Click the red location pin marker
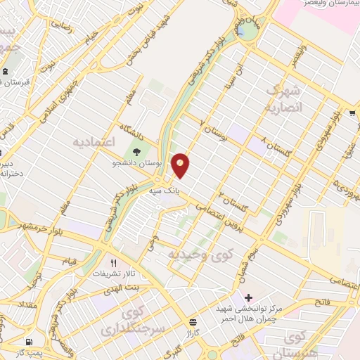pos(181,165)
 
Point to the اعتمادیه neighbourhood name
pos(94,142)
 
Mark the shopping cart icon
pos(351,112)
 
